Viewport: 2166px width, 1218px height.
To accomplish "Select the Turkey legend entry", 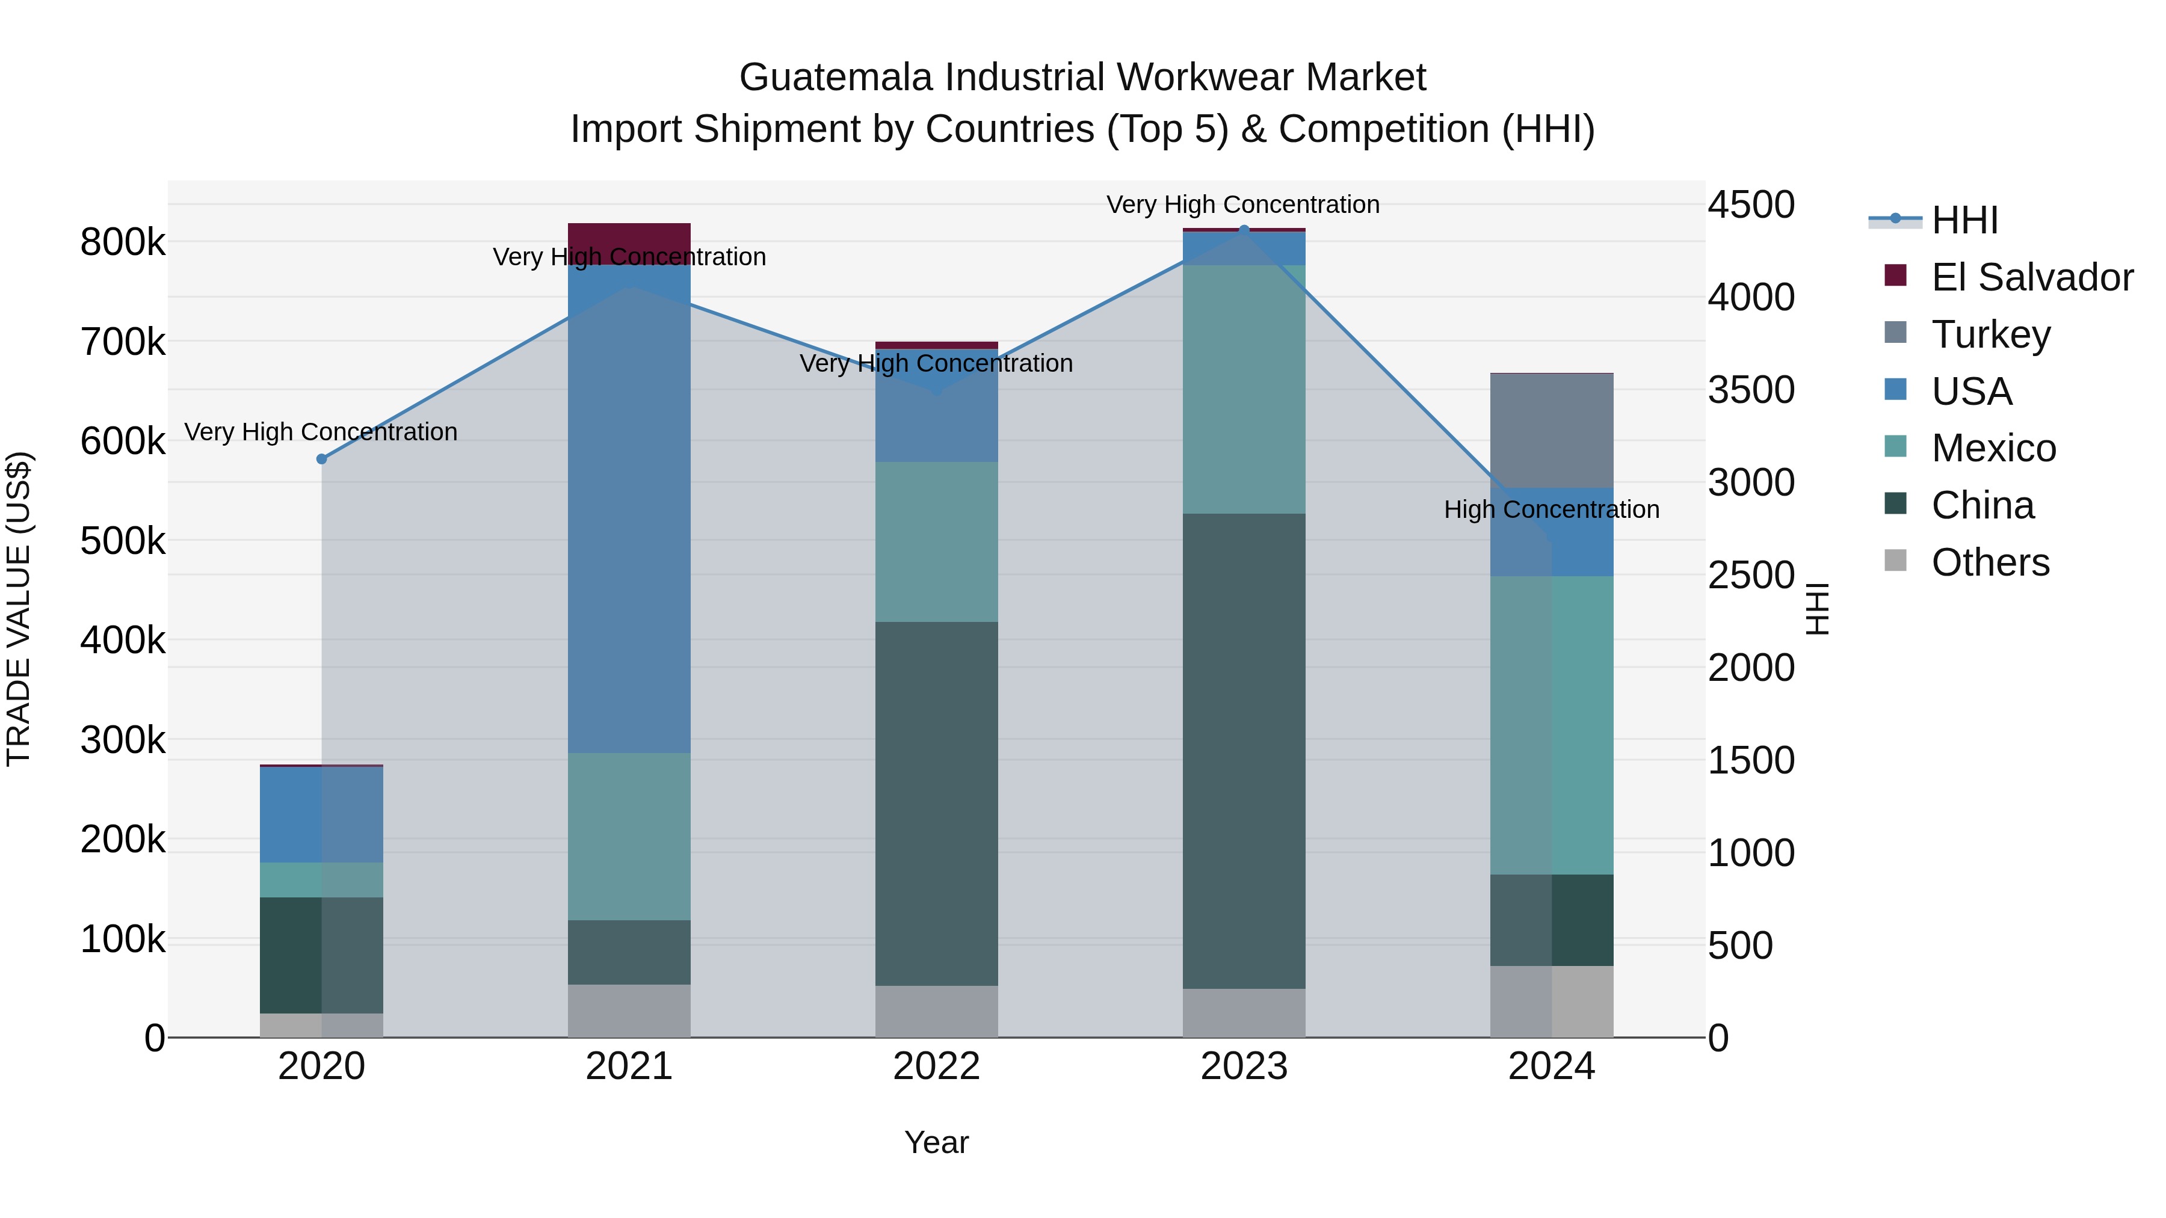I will coord(1990,334).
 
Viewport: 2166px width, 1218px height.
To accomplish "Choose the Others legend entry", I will coord(1990,562).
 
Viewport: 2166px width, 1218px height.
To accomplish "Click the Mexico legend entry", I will coord(1993,448).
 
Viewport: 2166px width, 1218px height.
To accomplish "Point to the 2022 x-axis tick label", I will coord(936,1066).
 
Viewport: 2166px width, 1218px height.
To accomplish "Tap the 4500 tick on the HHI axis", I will coord(1751,205).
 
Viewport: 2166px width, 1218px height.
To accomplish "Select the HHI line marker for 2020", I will coord(321,459).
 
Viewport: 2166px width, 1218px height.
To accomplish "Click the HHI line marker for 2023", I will coord(1244,230).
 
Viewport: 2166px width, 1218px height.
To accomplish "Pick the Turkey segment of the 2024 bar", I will coord(1551,431).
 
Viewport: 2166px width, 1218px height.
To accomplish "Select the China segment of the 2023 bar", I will coord(1244,750).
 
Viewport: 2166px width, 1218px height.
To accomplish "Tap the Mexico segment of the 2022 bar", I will coord(936,541).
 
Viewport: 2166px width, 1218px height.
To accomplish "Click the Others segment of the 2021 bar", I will coord(629,1010).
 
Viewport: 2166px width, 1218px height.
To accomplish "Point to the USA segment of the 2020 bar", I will coord(321,814).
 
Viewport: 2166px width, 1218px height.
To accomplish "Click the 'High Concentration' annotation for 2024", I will coord(1551,509).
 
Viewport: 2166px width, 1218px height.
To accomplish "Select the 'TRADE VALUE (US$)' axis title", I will coord(19,609).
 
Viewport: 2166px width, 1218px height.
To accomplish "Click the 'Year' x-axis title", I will coord(936,1142).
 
